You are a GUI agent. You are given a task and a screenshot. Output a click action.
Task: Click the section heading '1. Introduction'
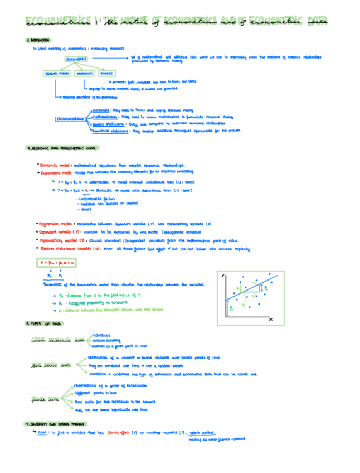tap(38, 41)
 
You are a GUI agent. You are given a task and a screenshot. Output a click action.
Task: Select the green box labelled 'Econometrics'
tap(76, 59)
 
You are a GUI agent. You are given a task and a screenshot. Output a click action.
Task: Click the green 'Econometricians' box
tap(70, 119)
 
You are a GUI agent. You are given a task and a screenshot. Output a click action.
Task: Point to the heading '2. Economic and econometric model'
tap(61, 148)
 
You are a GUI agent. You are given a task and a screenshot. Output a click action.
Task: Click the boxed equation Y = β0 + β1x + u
tap(57, 262)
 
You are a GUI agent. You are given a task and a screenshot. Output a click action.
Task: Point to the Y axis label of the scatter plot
tap(223, 276)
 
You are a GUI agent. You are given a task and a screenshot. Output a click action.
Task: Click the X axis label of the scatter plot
tap(271, 320)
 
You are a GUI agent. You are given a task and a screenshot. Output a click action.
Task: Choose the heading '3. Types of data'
tap(45, 324)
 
